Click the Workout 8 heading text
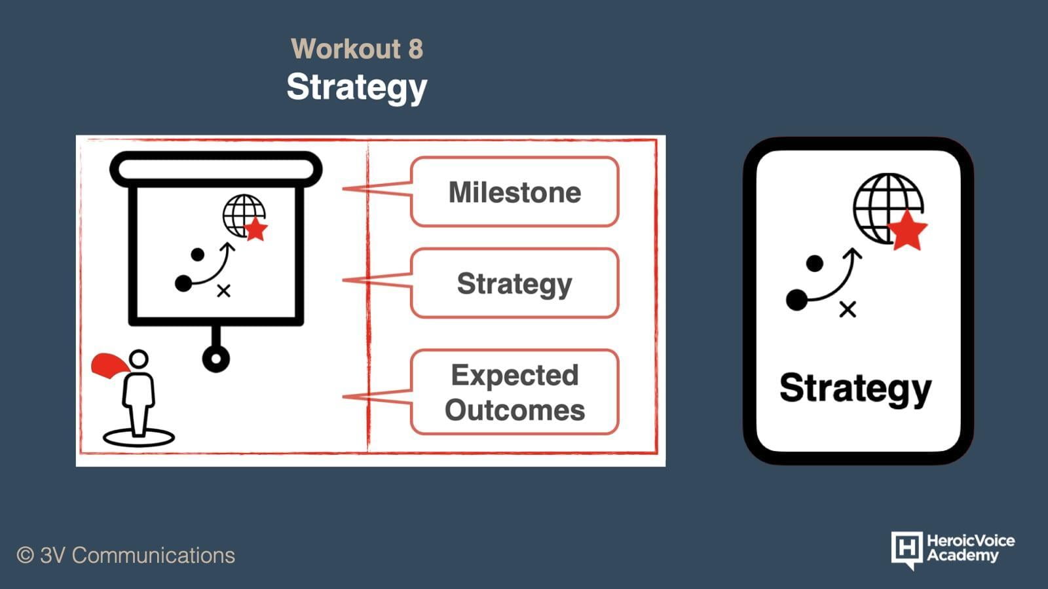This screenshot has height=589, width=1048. (x=357, y=48)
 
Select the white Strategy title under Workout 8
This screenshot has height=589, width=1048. (x=357, y=88)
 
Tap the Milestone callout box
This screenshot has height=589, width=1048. (x=515, y=192)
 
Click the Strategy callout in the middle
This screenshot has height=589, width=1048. (x=515, y=283)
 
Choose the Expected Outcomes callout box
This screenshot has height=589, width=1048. (x=515, y=392)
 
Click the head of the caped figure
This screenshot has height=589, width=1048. (x=138, y=359)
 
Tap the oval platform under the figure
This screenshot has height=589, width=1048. (x=138, y=438)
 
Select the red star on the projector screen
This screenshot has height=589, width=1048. (x=255, y=229)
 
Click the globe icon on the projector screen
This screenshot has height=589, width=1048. (x=243, y=215)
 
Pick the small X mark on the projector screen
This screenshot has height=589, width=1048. (x=223, y=291)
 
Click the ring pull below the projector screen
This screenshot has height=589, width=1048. (x=215, y=359)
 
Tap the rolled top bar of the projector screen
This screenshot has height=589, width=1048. (x=215, y=170)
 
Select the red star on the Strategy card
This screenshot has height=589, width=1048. (x=907, y=230)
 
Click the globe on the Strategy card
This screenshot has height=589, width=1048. (x=888, y=209)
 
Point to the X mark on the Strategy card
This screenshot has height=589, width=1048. (x=848, y=310)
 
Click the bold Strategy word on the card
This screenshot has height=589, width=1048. (x=855, y=389)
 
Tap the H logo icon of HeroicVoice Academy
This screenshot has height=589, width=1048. (x=907, y=550)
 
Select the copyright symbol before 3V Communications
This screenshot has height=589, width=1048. (x=26, y=556)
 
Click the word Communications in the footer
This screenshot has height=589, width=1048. (x=153, y=556)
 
